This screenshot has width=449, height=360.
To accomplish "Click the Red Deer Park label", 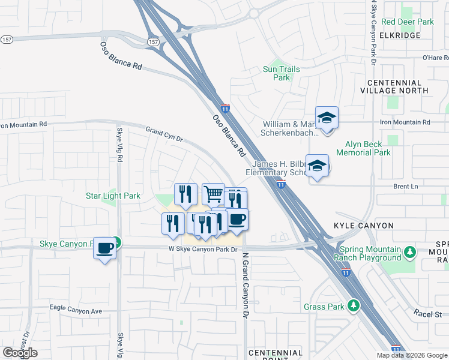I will [x=407, y=22].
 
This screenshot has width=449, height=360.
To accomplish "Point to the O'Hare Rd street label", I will [x=436, y=58].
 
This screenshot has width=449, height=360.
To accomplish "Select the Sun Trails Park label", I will [x=281, y=73].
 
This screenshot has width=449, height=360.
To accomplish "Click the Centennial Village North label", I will [x=394, y=86].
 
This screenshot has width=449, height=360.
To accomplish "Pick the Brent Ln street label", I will [x=406, y=187].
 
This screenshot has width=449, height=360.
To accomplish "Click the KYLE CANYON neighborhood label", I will [x=364, y=226].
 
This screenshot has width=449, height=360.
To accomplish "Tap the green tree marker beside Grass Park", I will [x=354, y=306].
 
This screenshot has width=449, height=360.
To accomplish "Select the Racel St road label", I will [x=427, y=313].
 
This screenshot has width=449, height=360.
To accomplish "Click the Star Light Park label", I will [x=113, y=196].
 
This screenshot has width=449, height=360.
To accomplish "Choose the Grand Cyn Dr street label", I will [x=164, y=133].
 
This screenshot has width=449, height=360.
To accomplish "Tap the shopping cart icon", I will [x=213, y=194].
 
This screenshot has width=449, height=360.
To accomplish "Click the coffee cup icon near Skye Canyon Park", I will [x=104, y=247].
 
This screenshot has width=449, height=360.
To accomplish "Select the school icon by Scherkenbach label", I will [x=327, y=118].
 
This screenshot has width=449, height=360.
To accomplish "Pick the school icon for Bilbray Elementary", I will [x=317, y=166].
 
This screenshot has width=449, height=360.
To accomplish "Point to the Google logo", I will [x=20, y=353].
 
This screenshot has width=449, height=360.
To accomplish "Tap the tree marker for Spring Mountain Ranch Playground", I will [x=410, y=251].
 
